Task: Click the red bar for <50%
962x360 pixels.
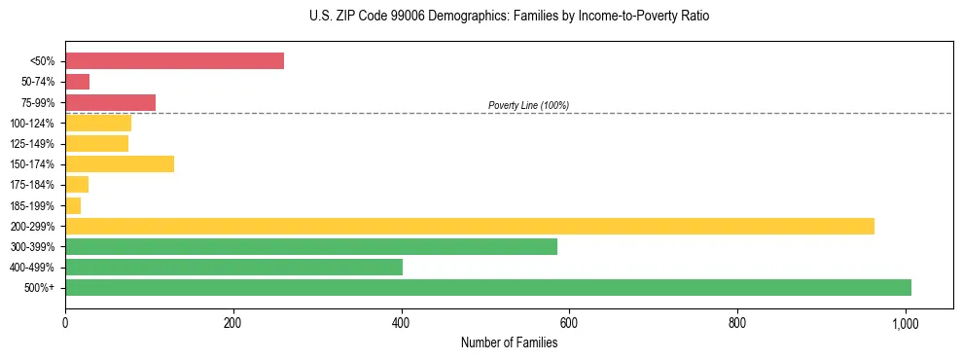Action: [174, 61]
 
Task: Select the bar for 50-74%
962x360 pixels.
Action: [77, 82]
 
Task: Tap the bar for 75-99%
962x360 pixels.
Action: [110, 102]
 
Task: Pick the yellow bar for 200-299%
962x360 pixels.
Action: [469, 226]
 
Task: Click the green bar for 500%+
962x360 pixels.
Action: [487, 287]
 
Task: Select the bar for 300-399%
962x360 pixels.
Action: [310, 246]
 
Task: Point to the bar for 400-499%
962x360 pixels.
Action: [233, 267]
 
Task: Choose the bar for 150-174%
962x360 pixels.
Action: [119, 163]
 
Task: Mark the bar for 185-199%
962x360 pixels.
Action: [73, 205]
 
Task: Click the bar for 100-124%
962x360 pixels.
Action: [97, 123]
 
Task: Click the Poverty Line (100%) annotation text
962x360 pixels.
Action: [528, 105]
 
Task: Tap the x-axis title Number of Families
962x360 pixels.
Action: [509, 342]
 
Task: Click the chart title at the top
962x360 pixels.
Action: [509, 17]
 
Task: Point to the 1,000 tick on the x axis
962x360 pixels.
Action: [906, 322]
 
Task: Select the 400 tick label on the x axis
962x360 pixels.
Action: [401, 322]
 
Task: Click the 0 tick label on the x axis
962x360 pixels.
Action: [65, 322]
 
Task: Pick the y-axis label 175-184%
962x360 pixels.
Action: [33, 185]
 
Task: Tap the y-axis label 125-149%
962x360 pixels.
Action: [33, 144]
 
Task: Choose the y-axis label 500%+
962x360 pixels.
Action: [40, 288]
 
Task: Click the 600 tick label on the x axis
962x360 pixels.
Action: [569, 322]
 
